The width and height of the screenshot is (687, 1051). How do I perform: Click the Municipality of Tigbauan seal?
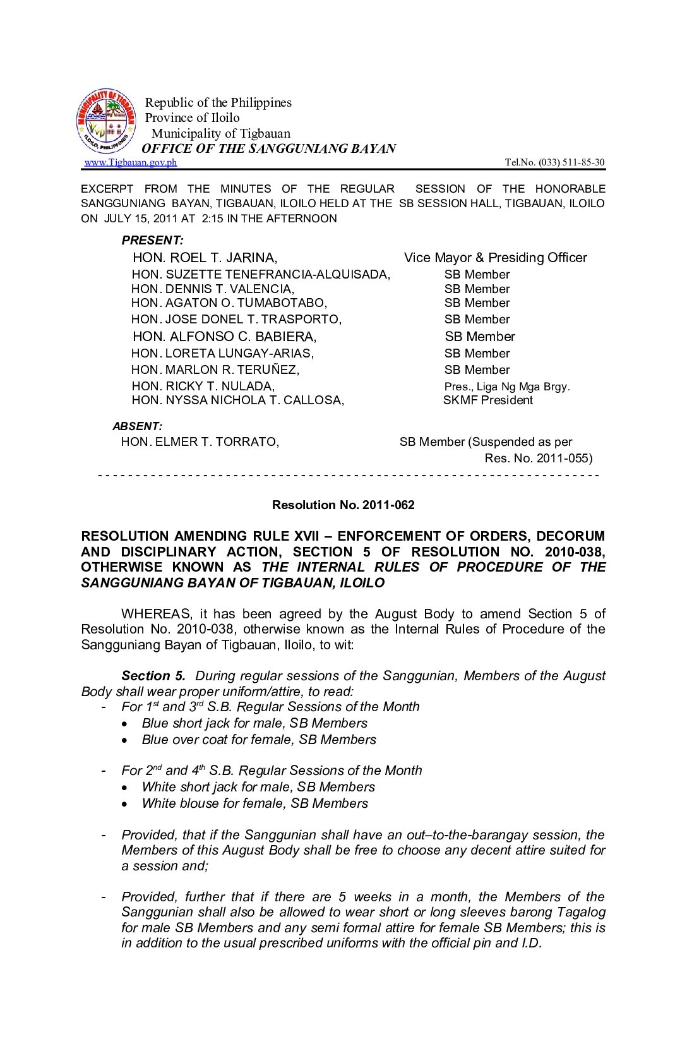[x=106, y=121]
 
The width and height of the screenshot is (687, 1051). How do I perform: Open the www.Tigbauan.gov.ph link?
[x=131, y=162]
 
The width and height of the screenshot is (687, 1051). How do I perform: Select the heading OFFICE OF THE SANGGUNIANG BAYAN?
[x=269, y=148]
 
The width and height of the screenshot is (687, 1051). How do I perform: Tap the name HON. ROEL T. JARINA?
[x=205, y=258]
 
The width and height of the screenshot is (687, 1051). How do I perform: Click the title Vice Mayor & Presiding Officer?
[x=495, y=258]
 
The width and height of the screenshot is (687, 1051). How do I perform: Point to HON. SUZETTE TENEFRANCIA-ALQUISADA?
[x=261, y=274]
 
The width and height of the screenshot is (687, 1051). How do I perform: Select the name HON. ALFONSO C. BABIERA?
[x=224, y=337]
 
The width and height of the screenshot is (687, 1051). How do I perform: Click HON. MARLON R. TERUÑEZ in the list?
[x=215, y=369]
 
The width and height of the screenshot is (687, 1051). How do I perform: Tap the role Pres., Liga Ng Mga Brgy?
[x=506, y=387]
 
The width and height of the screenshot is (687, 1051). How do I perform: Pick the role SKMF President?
[x=487, y=400]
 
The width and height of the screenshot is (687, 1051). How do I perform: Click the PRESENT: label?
[x=152, y=241]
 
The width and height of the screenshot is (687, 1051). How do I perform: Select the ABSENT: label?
[x=137, y=426]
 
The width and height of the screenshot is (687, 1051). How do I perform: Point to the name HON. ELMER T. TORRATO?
[x=200, y=442]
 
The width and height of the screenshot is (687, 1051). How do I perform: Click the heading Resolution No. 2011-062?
[x=343, y=505]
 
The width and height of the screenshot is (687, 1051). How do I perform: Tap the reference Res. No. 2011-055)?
[x=538, y=458]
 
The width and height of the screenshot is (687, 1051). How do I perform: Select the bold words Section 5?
[x=153, y=676]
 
